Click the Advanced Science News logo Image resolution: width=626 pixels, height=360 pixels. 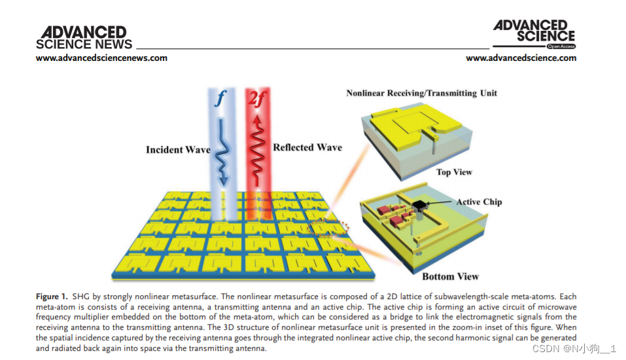pos(84,38)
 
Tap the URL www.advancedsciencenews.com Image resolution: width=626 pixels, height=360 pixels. pos(101,58)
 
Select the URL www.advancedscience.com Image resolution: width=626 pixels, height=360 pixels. pos(521,58)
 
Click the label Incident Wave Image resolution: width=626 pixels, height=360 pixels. pos(178,150)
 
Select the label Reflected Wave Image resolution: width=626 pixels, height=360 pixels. pos(307,147)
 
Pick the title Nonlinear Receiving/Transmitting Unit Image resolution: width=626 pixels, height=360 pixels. pos(421,93)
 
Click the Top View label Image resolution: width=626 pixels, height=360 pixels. pos(454,172)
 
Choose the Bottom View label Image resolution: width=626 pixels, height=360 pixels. pos(450,276)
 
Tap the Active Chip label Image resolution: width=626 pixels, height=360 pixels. pos(479,202)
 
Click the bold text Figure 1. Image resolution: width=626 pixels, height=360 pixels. pos(54,297)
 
